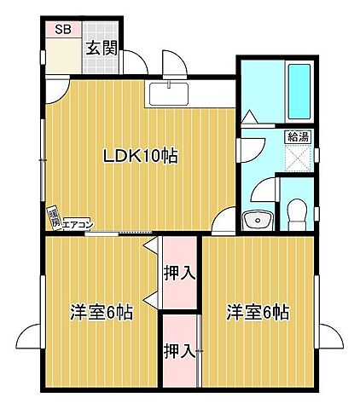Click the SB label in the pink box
click(x=63, y=29)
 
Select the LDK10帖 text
click(x=141, y=157)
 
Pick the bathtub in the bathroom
click(x=298, y=93)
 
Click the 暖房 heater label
click(x=53, y=216)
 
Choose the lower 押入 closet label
click(x=180, y=350)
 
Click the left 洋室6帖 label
click(x=101, y=312)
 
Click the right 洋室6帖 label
click(x=258, y=312)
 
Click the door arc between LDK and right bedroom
click(x=223, y=220)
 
